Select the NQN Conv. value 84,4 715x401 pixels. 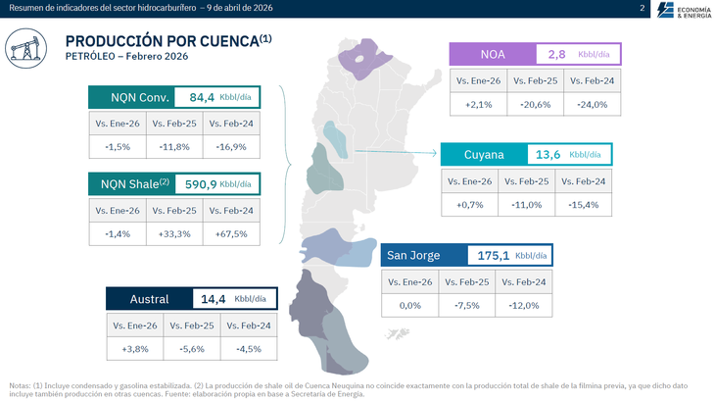[201, 97]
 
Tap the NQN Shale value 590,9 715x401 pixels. [200, 183]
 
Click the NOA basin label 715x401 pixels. [493, 54]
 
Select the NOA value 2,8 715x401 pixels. [556, 54]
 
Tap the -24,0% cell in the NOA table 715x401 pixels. [593, 104]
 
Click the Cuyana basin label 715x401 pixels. [484, 154]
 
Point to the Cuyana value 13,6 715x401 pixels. [548, 154]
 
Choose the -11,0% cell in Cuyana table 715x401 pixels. [527, 204]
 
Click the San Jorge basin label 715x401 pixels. [413, 256]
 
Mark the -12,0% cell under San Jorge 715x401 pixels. [524, 306]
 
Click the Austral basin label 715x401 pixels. [149, 299]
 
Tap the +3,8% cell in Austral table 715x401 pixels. [135, 348]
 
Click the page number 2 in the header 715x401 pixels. [642, 9]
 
